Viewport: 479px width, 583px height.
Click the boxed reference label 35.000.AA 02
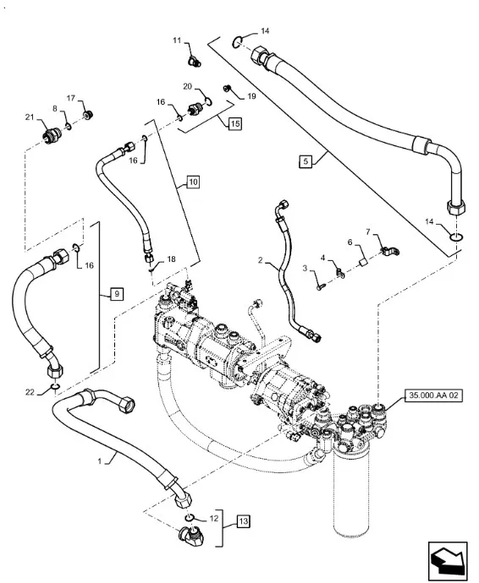(433, 395)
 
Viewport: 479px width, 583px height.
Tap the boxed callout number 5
(306, 161)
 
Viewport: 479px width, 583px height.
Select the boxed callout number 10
(193, 182)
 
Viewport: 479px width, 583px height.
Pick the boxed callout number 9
(117, 294)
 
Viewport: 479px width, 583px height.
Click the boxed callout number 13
(243, 521)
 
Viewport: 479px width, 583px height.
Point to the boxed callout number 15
(234, 123)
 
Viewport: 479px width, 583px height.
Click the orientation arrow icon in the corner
(448, 561)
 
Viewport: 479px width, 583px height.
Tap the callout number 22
(30, 392)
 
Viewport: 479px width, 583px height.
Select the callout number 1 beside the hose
(100, 461)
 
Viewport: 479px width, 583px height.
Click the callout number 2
(261, 260)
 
